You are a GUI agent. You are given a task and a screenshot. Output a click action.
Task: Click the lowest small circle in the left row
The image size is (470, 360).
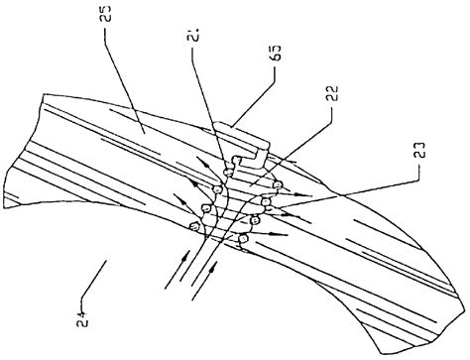194,228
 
